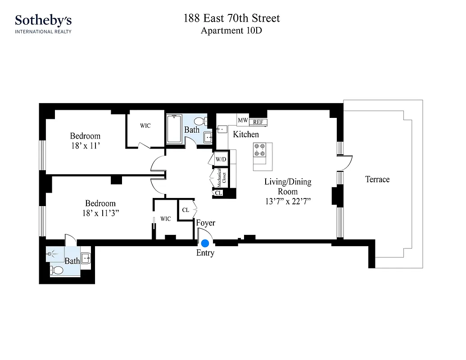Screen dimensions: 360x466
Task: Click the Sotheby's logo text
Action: point(43,20)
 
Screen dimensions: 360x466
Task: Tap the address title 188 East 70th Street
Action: point(231,18)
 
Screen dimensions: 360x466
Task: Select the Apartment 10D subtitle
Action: point(231,31)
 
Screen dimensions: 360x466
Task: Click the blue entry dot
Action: point(205,243)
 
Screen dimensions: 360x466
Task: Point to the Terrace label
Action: point(377,180)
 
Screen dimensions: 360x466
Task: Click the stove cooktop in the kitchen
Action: point(260,149)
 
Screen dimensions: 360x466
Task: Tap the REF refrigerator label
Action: point(258,122)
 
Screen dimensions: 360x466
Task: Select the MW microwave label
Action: point(243,121)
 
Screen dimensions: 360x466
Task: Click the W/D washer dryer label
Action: point(221,159)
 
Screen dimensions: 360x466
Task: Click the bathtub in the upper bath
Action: point(174,129)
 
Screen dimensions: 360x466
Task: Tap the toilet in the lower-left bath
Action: point(57,270)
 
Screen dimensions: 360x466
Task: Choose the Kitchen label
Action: point(246,135)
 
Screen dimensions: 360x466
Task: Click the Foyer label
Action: point(205,223)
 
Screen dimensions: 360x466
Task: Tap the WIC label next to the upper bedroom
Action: point(145,126)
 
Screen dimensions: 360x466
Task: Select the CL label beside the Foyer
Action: point(185,210)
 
